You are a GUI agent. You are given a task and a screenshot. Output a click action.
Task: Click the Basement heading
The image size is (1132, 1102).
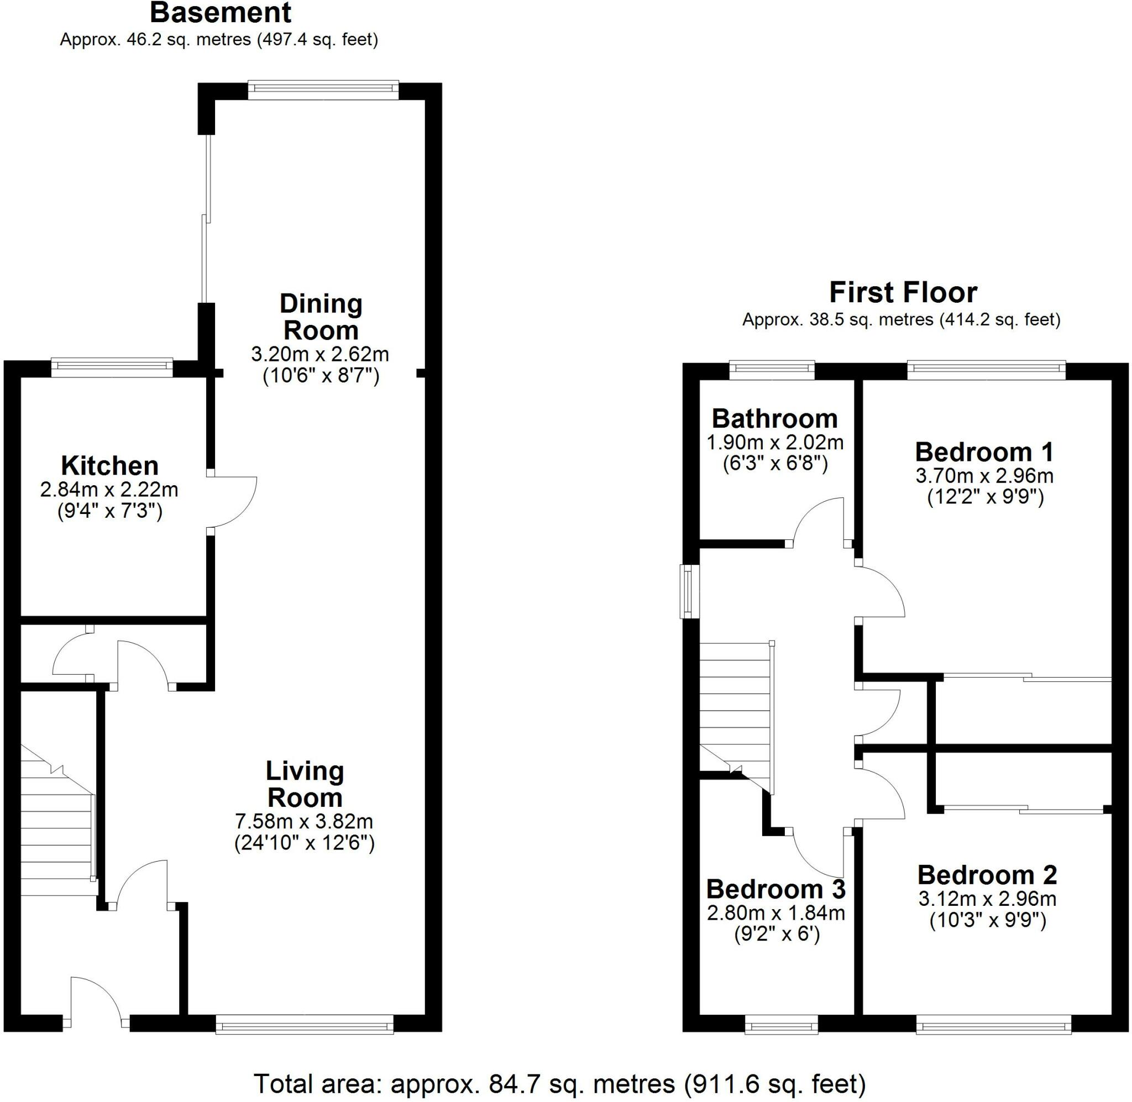coord(221,13)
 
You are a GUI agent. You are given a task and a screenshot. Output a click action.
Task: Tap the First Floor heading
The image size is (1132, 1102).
coord(903,292)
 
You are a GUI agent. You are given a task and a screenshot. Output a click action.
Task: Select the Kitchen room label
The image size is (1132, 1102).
coord(109,465)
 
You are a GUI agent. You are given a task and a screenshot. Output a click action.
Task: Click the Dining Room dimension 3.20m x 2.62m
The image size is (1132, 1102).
coord(320,354)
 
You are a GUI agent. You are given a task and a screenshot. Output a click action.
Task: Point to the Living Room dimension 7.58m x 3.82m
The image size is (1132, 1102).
coord(304,821)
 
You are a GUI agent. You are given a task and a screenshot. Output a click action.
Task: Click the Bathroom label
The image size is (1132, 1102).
coord(774,418)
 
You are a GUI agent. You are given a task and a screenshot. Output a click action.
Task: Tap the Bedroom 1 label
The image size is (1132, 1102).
coord(984,452)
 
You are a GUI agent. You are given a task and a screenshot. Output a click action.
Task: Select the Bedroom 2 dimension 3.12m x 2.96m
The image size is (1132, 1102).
coord(987,899)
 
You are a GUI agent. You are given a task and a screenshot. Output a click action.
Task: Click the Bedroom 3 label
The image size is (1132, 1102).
coord(775,889)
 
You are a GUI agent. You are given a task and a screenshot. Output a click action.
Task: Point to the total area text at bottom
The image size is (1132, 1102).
coord(559,1082)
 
